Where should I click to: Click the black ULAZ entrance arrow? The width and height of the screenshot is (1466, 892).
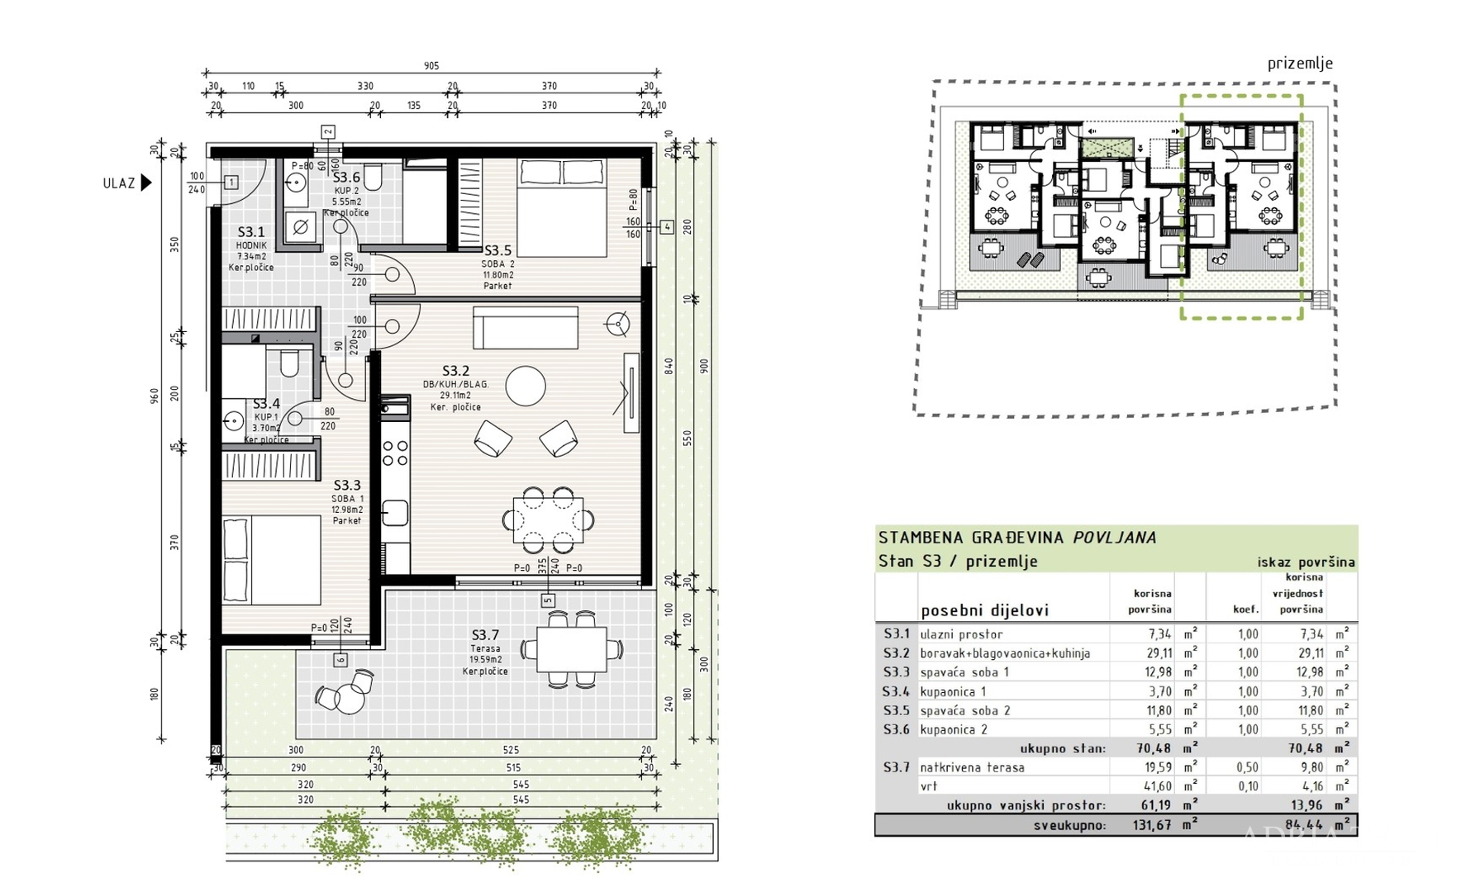(146, 183)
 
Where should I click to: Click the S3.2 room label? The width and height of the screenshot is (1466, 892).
(455, 371)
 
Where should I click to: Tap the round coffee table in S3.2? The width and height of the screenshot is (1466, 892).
(526, 386)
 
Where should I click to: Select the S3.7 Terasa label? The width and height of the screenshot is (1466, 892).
(485, 635)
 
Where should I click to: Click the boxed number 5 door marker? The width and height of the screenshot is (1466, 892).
(548, 600)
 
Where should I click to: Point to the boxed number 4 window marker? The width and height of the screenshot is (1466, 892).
(666, 226)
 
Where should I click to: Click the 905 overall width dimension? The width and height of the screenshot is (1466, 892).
(431, 66)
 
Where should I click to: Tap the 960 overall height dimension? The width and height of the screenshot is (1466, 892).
(154, 396)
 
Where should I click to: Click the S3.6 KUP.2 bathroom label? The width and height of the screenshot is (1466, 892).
(346, 178)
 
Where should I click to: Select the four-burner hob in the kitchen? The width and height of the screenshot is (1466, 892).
(395, 453)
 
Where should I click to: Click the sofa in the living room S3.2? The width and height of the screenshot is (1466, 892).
(526, 327)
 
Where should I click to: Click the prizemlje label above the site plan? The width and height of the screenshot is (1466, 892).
(1300, 64)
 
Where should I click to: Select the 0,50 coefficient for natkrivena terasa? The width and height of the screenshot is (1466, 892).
(1247, 767)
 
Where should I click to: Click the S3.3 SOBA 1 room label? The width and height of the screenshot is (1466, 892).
(347, 486)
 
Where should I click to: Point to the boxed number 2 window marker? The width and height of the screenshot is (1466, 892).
(328, 131)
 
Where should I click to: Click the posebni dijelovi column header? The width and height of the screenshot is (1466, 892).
(984, 610)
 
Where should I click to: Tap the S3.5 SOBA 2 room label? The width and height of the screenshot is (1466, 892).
(497, 250)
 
